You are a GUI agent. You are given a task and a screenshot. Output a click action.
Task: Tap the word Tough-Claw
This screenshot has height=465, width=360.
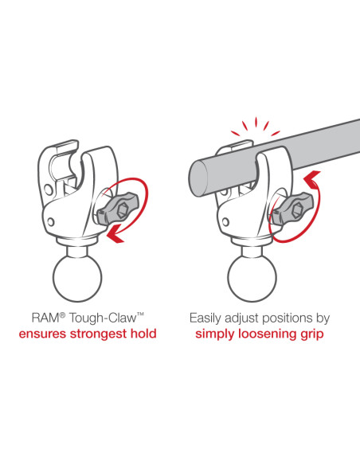click(x=104, y=319)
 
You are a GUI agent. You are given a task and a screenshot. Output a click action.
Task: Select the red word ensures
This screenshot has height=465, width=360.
click(x=43, y=334)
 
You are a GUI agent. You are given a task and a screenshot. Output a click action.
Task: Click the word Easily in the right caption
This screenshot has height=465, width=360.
click(x=205, y=318)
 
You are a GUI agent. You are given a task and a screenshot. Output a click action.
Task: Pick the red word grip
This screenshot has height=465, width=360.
click(x=313, y=334)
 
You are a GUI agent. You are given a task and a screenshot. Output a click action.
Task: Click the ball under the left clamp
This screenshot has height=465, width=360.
click(x=77, y=278)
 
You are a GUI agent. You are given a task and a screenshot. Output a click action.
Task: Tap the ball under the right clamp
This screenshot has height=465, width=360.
click(x=252, y=278)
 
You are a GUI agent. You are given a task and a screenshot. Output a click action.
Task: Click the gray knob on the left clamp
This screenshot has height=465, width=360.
click(x=116, y=208)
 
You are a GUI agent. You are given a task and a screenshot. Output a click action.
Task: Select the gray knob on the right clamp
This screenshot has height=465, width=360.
click(x=291, y=208)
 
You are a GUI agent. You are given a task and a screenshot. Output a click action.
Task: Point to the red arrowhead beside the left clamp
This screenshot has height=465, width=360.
click(x=115, y=233)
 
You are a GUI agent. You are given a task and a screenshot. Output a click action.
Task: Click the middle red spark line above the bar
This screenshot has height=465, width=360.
click(x=256, y=122)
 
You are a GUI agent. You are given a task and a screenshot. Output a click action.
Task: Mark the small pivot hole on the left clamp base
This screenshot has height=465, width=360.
click(x=51, y=222)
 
